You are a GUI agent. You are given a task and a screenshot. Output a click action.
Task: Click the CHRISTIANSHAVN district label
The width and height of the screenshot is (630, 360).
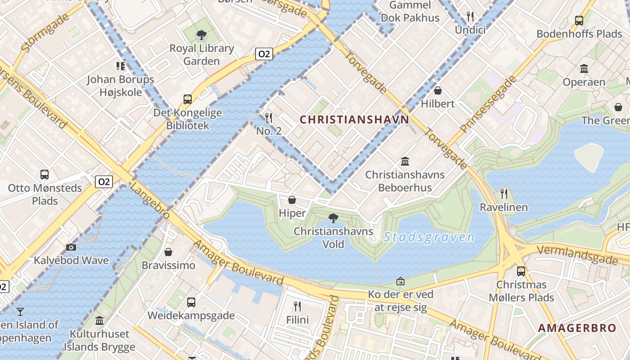[354, 120]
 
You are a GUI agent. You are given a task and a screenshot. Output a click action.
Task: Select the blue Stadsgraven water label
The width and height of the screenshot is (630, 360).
[429, 237]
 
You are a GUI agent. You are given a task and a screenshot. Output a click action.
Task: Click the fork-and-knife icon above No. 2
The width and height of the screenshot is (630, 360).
[269, 118]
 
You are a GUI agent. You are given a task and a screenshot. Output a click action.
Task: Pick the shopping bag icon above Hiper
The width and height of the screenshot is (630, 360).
[292, 200]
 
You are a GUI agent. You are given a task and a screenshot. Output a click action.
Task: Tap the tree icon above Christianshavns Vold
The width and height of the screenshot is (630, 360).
[333, 219]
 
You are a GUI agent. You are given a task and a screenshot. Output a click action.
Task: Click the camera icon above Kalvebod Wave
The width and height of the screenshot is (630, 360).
[71, 247]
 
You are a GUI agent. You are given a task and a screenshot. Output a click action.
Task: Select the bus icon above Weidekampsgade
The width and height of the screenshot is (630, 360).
[191, 302]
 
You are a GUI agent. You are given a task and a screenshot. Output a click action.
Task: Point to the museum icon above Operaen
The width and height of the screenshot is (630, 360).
[584, 69]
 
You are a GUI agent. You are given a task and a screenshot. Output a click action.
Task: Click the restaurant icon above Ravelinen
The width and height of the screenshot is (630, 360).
[504, 194]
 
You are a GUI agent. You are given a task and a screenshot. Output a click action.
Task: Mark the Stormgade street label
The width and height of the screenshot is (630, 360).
[45, 32]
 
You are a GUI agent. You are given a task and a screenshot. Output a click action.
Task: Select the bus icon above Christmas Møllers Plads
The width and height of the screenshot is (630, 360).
[521, 271]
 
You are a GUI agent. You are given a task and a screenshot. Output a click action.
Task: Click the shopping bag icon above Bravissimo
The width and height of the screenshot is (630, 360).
[168, 252]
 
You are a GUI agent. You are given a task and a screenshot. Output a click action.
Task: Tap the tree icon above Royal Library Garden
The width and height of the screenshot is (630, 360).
[202, 35]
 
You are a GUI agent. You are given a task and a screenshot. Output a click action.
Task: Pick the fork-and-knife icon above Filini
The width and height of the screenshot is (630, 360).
[297, 306]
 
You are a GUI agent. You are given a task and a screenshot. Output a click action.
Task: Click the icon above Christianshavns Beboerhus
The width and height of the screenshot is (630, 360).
[405, 161]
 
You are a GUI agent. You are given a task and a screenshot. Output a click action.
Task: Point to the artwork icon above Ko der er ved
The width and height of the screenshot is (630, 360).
[400, 282]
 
